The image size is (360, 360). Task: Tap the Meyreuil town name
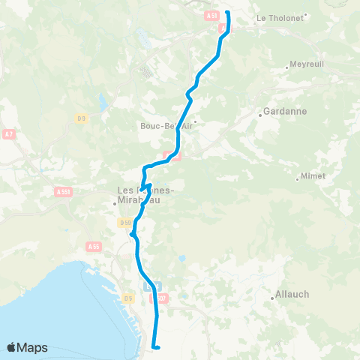click(306, 64)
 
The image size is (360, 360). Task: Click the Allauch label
click(292, 294)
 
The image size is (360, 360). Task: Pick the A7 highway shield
click(9, 134)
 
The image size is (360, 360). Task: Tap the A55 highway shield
click(94, 246)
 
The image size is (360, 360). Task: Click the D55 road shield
click(124, 222)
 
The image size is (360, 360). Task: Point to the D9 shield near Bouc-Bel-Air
click(81, 118)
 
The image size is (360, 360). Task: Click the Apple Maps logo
click(27, 347)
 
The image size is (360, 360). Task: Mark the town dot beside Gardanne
click(259, 115)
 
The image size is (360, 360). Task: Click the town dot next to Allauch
click(272, 299)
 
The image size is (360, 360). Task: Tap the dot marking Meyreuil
click(287, 68)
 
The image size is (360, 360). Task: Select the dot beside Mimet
click(298, 178)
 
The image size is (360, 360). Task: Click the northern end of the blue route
click(227, 13)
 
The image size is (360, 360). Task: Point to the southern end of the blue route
click(154, 346)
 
